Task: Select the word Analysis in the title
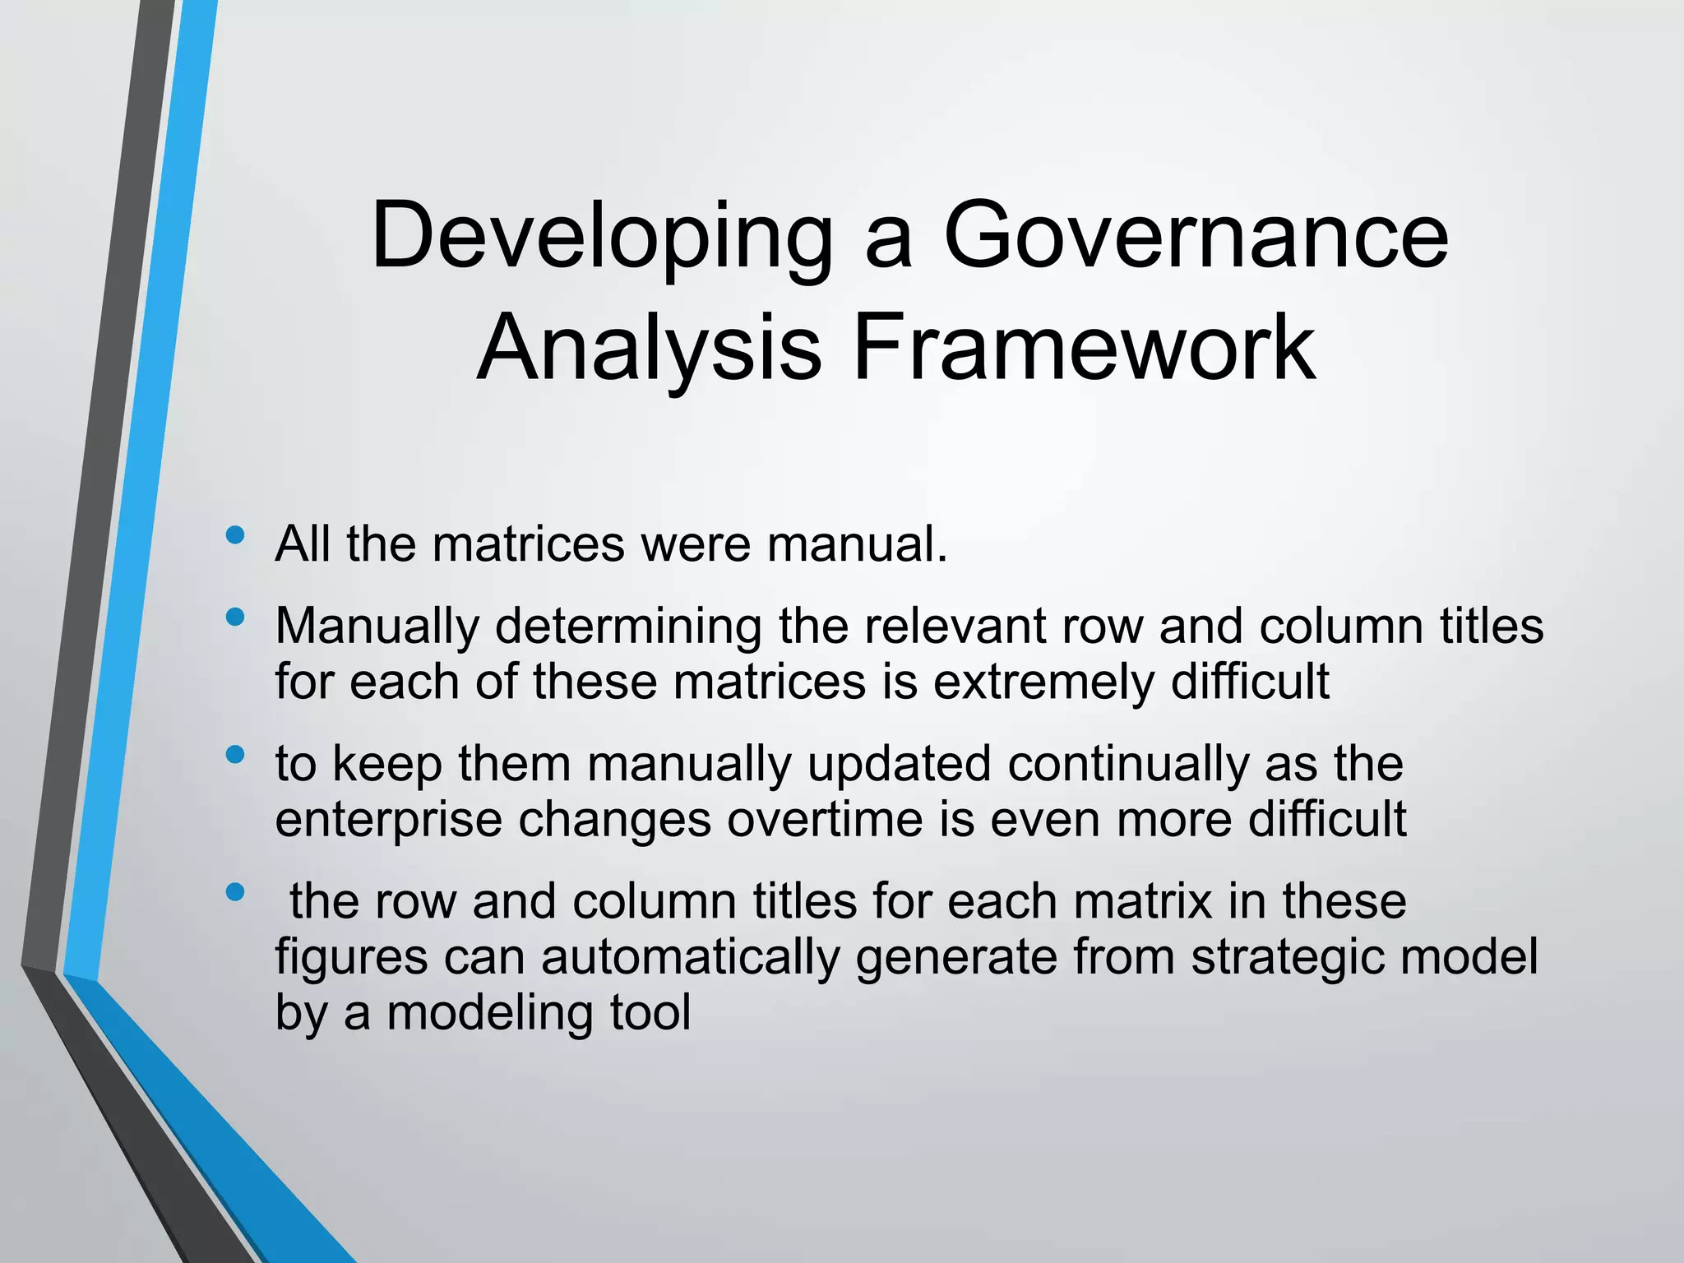point(649,349)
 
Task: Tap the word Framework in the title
point(1085,349)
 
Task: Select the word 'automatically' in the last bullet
point(691,958)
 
